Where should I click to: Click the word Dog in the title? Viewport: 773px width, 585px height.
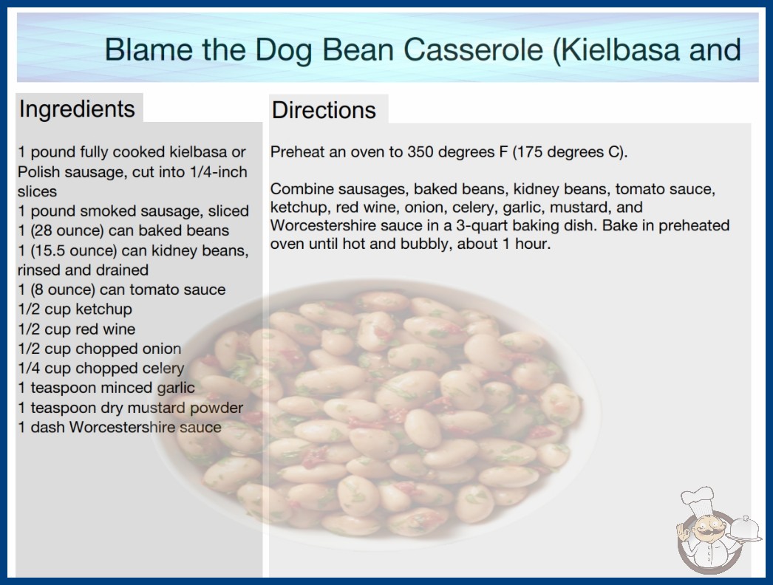pos(283,50)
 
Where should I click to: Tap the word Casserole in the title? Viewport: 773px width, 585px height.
pos(473,49)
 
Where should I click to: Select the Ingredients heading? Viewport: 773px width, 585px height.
pos(77,109)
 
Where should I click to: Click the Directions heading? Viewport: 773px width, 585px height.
pos(324,110)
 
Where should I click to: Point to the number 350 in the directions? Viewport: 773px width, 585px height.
pos(420,152)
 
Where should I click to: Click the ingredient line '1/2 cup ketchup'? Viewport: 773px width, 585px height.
pos(75,309)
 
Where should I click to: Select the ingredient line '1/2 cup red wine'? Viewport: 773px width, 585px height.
pos(76,329)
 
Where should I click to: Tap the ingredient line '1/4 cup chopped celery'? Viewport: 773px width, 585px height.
pos(101,368)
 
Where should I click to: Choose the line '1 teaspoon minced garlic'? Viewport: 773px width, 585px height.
pos(106,388)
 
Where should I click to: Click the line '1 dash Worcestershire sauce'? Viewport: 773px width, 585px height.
pos(120,427)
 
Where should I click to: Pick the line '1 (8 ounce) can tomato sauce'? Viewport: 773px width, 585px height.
pos(122,290)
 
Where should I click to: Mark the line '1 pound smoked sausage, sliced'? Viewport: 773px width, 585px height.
pos(133,211)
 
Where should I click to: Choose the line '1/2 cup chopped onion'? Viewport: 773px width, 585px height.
pos(100,349)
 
